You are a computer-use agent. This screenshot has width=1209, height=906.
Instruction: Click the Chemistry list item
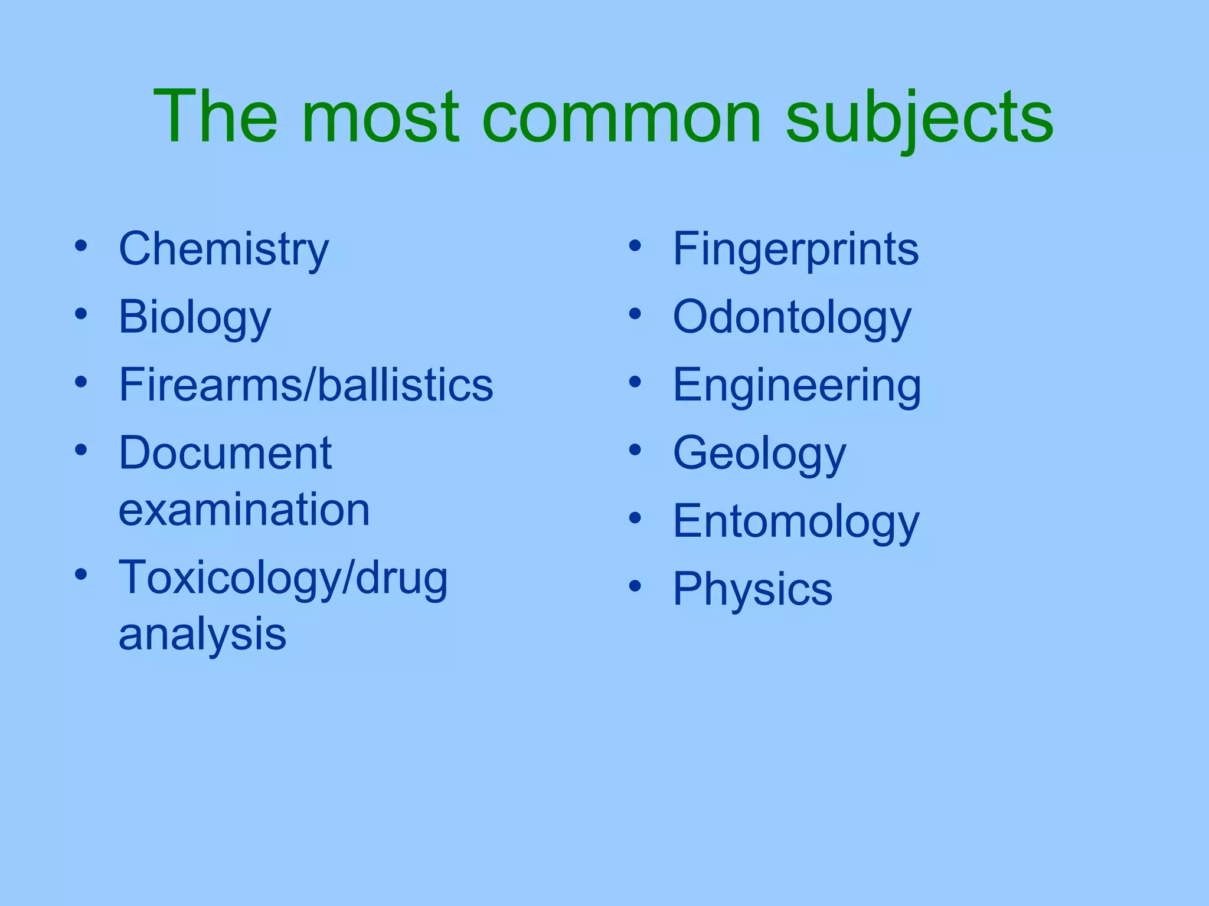tap(224, 250)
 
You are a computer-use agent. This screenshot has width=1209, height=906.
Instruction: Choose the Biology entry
tap(195, 318)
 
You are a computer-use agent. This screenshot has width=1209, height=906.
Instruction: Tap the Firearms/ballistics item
tap(306, 385)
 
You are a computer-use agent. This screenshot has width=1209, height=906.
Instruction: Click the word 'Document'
tap(225, 453)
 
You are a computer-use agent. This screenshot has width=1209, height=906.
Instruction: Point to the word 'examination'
tap(244, 510)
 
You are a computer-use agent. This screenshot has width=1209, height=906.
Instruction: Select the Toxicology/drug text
tap(283, 579)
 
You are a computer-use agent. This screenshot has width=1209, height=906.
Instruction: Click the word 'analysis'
tap(202, 635)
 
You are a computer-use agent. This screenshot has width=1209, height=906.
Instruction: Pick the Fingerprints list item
tap(796, 250)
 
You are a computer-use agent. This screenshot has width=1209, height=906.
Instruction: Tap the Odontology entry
tap(792, 318)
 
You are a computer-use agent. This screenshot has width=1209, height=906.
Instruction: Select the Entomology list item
tap(796, 522)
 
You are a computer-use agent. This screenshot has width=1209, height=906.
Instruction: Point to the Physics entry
tap(753, 589)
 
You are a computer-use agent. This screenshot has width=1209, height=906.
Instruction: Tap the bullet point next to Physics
tap(635, 586)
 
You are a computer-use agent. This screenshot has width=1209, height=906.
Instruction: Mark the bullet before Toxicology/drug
tap(81, 573)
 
